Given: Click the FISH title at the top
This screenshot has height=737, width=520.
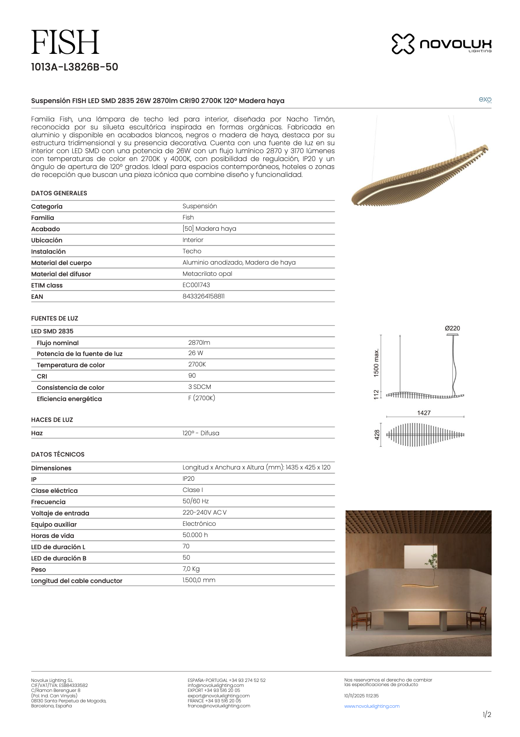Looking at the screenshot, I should coord(65,42).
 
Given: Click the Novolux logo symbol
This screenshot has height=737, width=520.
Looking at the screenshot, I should coord(403,44).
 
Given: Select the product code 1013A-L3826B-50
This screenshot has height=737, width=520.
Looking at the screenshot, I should coord(74,67).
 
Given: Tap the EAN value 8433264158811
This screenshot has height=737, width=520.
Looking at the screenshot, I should coord(203,296).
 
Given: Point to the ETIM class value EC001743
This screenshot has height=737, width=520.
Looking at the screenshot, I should coord(196,285).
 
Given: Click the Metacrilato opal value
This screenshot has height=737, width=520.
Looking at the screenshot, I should coord(207,274).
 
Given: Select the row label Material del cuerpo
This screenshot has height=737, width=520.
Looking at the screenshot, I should coord(61,263).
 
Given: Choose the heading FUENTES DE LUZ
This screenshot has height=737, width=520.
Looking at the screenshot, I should coord(55,318).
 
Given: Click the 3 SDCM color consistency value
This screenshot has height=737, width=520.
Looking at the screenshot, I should coord(199,387).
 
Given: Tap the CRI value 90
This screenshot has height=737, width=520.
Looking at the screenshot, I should coord(192,376).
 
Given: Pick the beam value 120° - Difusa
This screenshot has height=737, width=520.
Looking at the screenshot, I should coord(201,433).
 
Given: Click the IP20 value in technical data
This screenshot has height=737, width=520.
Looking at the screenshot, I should coord(188,479).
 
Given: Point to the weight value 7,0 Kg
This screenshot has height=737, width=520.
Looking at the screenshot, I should coord(191,569).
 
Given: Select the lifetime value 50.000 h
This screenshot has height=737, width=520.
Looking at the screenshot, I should coord(195,535).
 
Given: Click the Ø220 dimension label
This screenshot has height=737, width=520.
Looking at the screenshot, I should coord(452,328).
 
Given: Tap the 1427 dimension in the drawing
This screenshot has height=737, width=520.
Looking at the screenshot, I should coord(424,413).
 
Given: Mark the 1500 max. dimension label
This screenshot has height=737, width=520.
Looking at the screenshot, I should coord(376,363).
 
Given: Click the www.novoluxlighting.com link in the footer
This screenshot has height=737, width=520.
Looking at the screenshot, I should coord(372,706).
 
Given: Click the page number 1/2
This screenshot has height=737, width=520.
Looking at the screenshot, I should coord(487,715).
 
